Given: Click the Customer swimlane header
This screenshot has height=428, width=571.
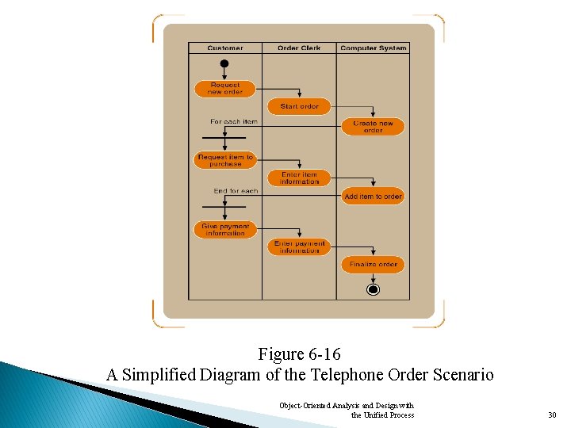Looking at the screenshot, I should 225,48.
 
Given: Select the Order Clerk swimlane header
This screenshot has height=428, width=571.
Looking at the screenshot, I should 299,48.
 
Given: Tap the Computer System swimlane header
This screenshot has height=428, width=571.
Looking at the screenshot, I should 373,48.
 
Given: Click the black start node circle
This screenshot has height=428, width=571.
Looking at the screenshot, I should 224,64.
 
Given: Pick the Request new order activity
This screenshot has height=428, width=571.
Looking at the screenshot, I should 225,89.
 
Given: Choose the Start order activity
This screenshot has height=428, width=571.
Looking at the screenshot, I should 299,106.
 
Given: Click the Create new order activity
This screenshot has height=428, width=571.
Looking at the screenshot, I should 373,127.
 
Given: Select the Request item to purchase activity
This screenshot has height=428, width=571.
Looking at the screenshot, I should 225,161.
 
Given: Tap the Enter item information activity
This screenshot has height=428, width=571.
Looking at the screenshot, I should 299,178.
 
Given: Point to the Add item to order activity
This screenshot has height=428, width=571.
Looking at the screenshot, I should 373,197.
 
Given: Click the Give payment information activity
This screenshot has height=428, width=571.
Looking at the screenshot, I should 225,230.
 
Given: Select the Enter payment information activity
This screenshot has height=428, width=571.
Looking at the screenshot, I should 299,247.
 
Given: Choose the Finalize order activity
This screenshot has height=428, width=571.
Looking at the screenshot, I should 373,265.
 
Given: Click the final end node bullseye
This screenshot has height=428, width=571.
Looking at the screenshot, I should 373,289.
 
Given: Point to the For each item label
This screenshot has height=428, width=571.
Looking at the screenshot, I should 234,122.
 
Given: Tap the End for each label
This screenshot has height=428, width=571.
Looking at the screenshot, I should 236,191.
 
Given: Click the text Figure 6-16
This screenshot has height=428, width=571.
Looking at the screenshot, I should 299,353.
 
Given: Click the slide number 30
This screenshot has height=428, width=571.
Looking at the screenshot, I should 552,415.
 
